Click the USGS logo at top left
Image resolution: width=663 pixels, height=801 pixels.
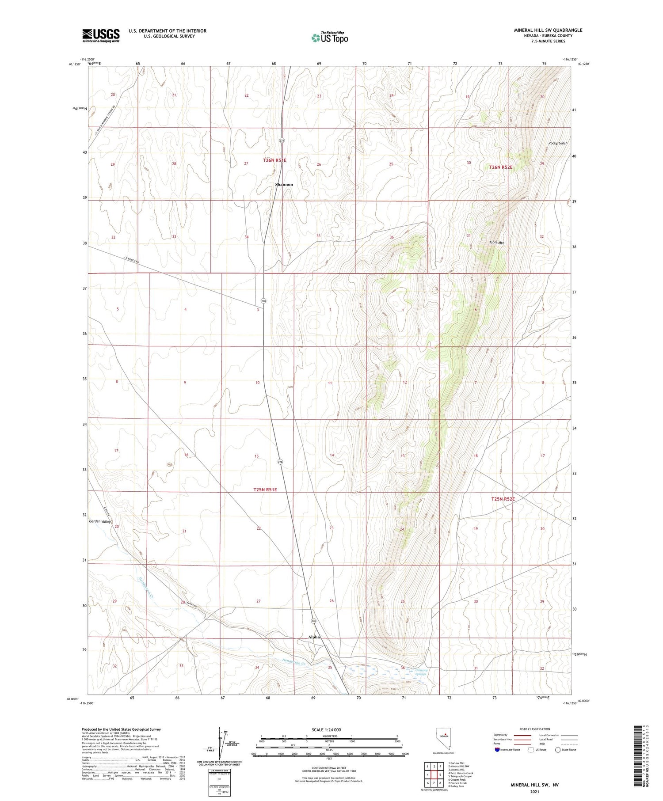coord(101,35)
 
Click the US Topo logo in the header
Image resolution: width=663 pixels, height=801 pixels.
coord(329,38)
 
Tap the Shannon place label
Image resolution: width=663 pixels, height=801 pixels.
coord(284,185)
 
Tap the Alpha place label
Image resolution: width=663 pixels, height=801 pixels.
coord(314,637)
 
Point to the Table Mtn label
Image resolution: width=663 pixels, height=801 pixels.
coord(496,243)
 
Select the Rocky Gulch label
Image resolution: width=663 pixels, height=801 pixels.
coord(557,143)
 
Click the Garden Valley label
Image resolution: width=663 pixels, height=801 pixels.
coord(100,521)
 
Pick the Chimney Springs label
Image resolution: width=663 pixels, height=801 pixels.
coord(421,672)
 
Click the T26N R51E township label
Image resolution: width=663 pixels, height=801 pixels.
coord(274,160)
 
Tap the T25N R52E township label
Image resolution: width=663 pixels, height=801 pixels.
coord(503,499)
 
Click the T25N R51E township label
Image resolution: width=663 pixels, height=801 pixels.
coord(265,490)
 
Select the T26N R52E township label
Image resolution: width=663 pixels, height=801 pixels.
coord(500,167)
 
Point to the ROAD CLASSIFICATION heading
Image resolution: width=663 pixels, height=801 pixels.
coord(534,729)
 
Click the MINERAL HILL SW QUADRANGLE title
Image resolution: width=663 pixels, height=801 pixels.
coord(548,30)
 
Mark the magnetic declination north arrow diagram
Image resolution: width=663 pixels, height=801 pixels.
coord(220,744)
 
